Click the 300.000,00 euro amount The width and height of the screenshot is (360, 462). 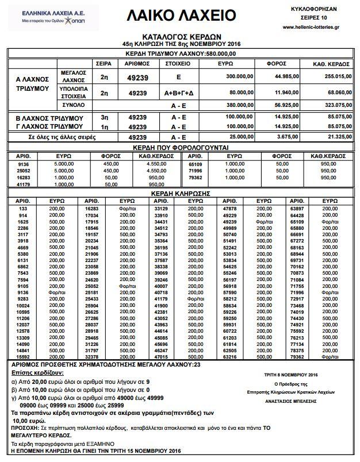237,75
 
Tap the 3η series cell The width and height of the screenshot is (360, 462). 105,117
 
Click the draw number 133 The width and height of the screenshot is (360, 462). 23,207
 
